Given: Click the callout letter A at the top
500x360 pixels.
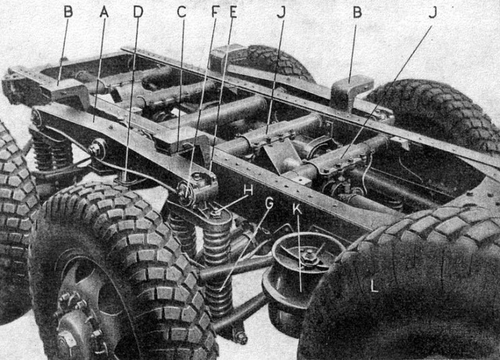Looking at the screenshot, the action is (x=104, y=12).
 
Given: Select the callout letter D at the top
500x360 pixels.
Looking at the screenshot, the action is (x=138, y=12).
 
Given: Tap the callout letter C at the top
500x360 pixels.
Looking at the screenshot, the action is (x=181, y=12).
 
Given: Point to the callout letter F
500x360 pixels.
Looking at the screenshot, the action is (x=216, y=12).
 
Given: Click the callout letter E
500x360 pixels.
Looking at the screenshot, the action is (x=233, y=12).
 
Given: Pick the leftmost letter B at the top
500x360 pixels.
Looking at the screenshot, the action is (x=68, y=12).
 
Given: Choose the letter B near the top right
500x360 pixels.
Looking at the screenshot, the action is (x=357, y=12).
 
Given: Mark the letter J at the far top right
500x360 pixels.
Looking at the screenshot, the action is (x=432, y=12).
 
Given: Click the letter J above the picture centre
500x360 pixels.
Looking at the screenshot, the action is (x=281, y=12).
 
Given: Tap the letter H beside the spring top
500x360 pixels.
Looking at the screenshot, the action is (x=248, y=191).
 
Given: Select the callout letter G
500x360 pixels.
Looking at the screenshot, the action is (x=269, y=204).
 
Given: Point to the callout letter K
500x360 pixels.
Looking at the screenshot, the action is (x=297, y=209).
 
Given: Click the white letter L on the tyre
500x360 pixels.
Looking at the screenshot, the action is (x=374, y=286).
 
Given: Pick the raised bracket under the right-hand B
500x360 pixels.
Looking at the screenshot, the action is (x=351, y=92).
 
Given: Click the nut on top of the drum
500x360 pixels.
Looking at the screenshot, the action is (x=309, y=256).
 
